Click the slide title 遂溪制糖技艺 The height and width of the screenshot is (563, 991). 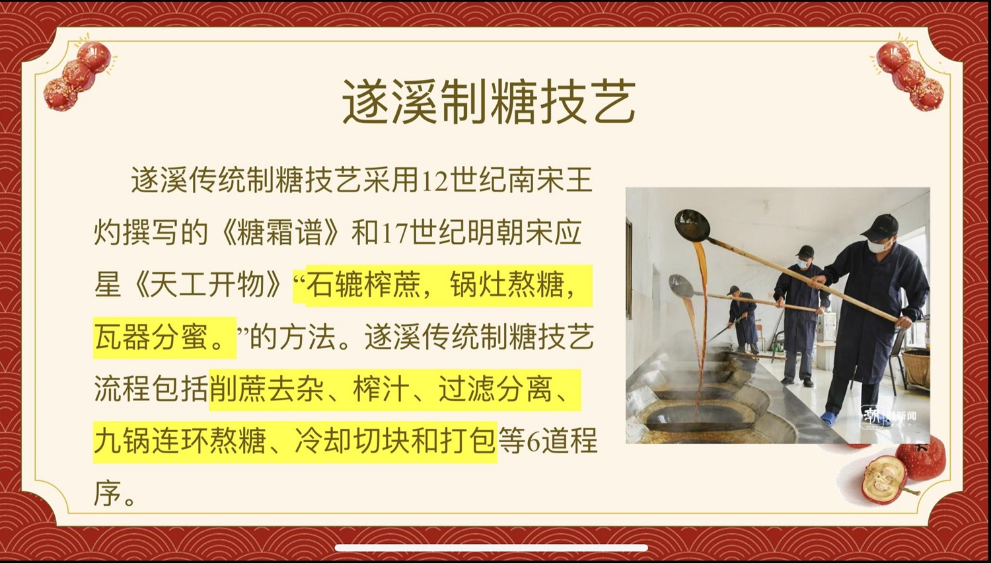click(x=490, y=102)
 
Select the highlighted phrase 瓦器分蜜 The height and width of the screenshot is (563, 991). click(x=151, y=336)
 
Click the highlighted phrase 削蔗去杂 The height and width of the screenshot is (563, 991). click(x=266, y=389)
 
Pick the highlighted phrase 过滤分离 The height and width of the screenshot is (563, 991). click(x=495, y=389)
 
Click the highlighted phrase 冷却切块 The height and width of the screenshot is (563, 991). click(x=351, y=441)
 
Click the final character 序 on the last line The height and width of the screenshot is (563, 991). click(x=108, y=493)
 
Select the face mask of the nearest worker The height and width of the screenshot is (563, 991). click(x=877, y=246)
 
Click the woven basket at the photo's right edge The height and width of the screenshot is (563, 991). click(x=917, y=369)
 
